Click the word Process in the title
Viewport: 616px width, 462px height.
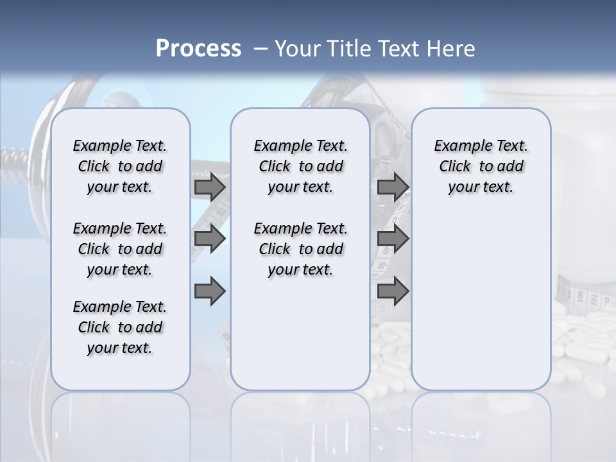[x=198, y=48]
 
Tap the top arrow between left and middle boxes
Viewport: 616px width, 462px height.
[x=210, y=187]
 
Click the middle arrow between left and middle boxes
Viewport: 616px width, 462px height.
[x=210, y=239]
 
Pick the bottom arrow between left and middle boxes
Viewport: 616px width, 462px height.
[x=210, y=291]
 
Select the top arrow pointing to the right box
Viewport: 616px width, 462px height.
[x=393, y=187]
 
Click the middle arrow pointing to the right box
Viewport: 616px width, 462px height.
[x=393, y=239]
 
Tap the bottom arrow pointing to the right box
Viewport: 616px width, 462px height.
[x=393, y=291]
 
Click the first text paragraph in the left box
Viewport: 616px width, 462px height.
[x=120, y=166]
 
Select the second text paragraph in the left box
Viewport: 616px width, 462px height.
[x=120, y=249]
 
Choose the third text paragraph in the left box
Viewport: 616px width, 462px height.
[x=120, y=327]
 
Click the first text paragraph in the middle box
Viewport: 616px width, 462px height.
[x=300, y=166]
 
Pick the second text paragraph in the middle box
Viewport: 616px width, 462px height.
[x=300, y=249]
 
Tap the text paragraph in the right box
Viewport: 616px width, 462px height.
[x=481, y=166]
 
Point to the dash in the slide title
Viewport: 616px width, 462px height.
[x=261, y=49]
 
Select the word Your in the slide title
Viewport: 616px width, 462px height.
[x=295, y=48]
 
